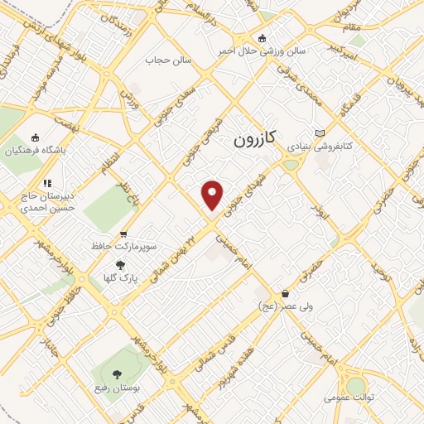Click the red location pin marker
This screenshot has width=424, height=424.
(x=213, y=195)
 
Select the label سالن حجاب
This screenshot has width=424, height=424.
(x=168, y=60)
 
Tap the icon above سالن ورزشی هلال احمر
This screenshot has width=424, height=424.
(x=263, y=37)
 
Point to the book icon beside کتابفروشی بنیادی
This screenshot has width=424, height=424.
(x=321, y=132)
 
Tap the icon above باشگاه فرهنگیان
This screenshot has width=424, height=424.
(x=34, y=137)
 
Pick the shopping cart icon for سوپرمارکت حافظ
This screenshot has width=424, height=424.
(x=123, y=234)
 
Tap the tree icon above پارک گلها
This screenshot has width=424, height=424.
(x=121, y=265)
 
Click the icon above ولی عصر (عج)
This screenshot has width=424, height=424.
(x=286, y=293)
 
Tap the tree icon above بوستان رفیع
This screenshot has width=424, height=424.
(x=116, y=374)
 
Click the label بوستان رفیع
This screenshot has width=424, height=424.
(x=116, y=387)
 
